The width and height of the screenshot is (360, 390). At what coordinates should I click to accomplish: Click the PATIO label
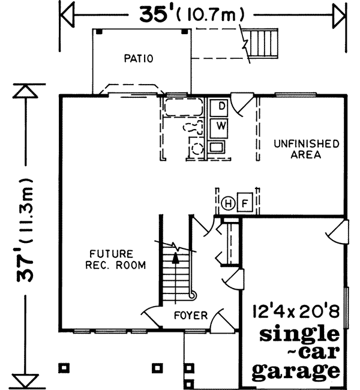click(x=140, y=59)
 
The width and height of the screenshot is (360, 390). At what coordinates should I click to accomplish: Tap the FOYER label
click(x=191, y=315)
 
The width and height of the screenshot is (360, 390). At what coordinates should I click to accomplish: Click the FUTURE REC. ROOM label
click(x=117, y=260)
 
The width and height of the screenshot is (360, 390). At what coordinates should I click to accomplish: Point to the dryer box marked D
click(x=221, y=107)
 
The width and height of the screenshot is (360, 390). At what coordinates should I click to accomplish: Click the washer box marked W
click(x=221, y=126)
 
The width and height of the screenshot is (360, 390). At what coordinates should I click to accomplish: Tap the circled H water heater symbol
click(x=229, y=203)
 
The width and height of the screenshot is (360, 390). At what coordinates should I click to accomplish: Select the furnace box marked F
click(x=244, y=203)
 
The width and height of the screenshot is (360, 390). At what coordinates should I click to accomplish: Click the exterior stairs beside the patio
click(x=262, y=42)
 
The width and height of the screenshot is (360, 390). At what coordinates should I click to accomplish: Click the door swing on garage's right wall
click(x=339, y=231)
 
